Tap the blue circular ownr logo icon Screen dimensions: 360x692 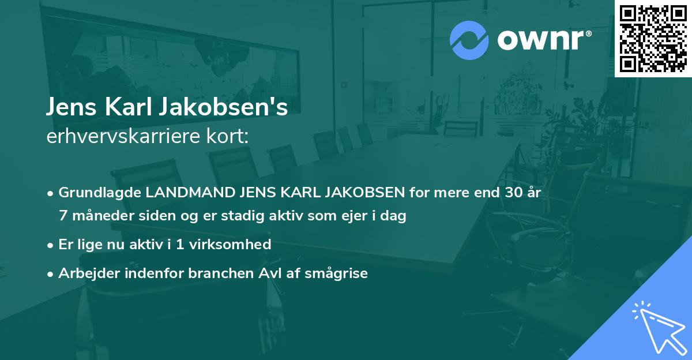[x=469, y=40]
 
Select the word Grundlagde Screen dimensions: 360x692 [x=99, y=193]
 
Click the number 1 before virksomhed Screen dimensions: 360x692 [x=180, y=245]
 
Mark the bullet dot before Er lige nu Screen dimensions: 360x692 [x=51, y=245]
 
